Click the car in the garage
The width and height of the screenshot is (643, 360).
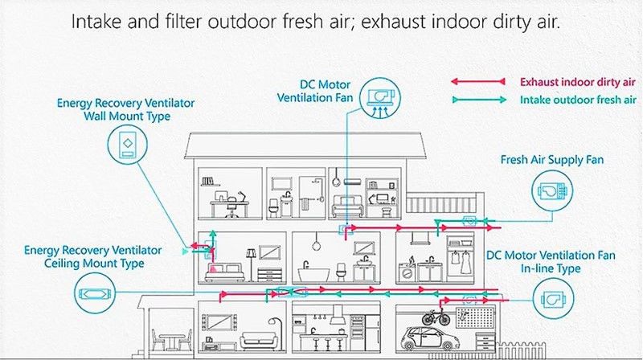pos(429,337)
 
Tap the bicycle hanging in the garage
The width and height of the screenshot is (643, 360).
pos(436,317)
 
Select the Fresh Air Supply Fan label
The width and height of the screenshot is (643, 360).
pos(552,160)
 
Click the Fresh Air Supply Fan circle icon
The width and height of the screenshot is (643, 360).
pos(552,190)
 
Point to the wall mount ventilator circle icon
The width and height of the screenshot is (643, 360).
pos(128,145)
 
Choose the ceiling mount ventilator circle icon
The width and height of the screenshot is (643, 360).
pos(95,293)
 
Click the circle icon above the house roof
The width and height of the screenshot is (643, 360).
pos(380,98)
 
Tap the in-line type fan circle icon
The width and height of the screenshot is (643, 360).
pos(553,298)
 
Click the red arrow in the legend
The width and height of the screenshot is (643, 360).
pos(478,82)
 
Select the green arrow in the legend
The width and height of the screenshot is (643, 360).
pos(479,100)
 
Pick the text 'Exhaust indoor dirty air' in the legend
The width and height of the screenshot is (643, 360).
pos(577,82)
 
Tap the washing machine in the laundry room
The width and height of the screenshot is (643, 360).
pos(407,272)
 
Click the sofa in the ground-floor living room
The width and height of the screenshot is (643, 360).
pos(258,341)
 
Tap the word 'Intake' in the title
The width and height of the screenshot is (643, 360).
pos(96,21)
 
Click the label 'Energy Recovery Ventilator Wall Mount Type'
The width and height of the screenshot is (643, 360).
pos(126,109)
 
